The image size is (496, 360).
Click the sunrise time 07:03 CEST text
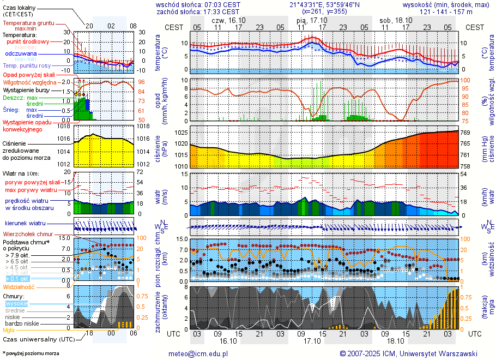tap(198, 4)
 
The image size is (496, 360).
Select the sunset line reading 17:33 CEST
tap(198, 11)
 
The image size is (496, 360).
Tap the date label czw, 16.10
tap(227, 20)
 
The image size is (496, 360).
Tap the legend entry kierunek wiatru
tap(25, 224)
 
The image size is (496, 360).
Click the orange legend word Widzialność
tap(19, 286)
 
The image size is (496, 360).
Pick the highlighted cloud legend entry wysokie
tap(16, 303)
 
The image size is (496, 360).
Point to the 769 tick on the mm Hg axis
tap(467, 133)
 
